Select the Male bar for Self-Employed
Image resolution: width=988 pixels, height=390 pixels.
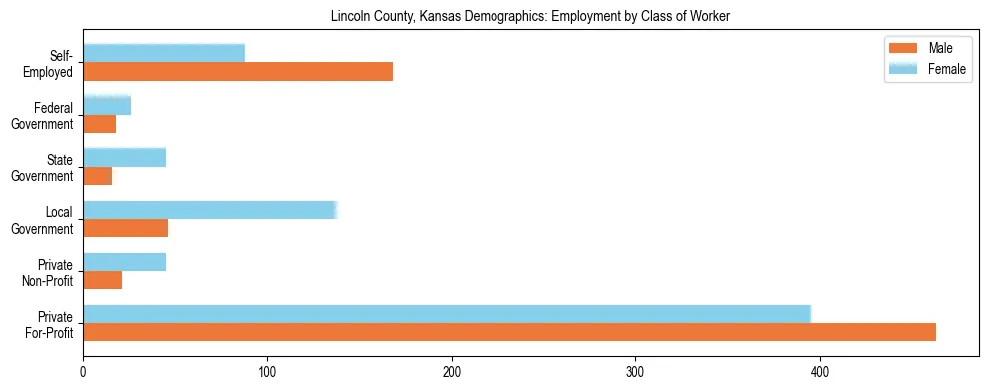238,72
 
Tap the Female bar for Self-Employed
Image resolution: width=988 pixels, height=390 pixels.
164,53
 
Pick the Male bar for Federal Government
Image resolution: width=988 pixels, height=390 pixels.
100,124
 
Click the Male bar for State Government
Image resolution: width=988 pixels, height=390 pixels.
98,176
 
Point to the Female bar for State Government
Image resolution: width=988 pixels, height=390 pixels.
124,157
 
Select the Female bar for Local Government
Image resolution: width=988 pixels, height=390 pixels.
210,209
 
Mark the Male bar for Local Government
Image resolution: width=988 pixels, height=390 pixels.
125,228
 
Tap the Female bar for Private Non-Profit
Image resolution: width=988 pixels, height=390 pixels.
124,262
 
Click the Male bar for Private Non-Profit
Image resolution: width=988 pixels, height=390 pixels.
103,281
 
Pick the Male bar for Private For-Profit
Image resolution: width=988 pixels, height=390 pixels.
509,332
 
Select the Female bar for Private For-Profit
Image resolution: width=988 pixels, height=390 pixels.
447,314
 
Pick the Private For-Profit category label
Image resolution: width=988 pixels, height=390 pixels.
49,324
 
